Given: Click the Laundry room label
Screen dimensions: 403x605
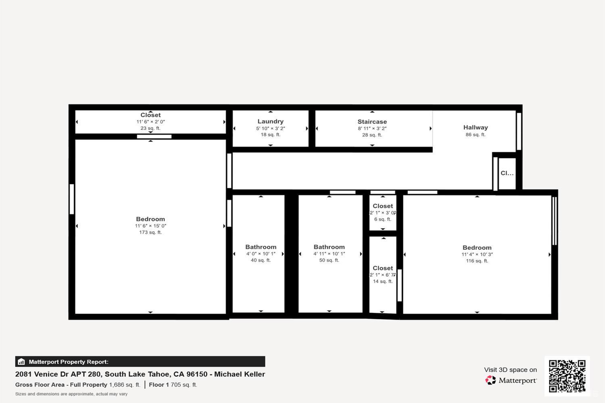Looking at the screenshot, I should pos(270,121).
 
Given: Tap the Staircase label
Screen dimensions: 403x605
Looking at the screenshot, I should pos(372,122).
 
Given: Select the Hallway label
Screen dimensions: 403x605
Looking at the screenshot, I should pos(476,127).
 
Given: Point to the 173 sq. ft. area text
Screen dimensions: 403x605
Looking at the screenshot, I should pos(150,233).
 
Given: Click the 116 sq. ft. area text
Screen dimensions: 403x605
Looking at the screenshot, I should pos(477,261).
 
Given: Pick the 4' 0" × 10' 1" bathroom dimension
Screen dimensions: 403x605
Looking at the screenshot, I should pos(261,254).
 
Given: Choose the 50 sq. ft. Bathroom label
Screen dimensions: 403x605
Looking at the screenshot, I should pos(329,247).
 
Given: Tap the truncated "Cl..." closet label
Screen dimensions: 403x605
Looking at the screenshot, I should pos(507,173).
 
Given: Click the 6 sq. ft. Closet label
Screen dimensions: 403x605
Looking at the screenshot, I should pos(383,206).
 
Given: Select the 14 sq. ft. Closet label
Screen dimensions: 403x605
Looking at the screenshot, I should pos(383,268).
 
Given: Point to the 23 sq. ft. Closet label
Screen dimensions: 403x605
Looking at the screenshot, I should pos(150,115).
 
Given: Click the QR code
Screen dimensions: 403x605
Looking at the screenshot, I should pos(567,376).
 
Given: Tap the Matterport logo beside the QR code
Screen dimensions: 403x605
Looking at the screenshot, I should pos(511,380).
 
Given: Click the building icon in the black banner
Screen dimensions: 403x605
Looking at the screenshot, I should pos(21,362).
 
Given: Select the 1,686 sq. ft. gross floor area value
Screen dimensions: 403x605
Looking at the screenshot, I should pos(125,385).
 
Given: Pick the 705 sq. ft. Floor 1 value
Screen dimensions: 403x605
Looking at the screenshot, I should pos(184,385).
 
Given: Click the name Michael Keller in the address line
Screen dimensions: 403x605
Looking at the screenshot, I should pos(240,374).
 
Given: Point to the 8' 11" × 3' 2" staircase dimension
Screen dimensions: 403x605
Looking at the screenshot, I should pos(372,129).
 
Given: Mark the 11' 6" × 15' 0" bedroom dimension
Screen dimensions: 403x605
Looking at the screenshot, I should pos(150,226).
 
